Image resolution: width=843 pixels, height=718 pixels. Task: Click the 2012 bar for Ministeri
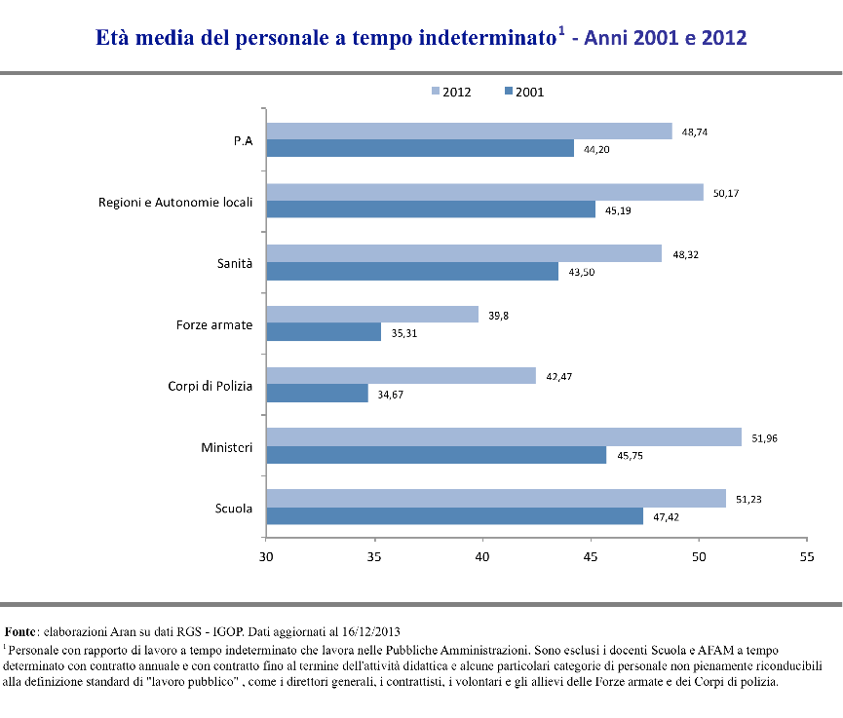[x=503, y=436]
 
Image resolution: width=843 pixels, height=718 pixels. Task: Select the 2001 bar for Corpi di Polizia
[x=318, y=393]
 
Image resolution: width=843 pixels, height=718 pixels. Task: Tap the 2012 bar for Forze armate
[x=372, y=314]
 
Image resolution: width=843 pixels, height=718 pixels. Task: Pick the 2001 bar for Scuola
[x=455, y=515]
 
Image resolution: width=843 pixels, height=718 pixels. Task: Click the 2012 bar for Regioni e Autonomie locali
[x=484, y=192]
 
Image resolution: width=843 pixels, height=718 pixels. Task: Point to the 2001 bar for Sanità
[x=412, y=272]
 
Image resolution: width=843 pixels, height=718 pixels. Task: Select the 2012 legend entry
[x=451, y=92]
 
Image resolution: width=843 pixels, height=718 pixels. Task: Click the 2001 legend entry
[x=523, y=92]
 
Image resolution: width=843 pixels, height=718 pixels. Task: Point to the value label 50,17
[x=727, y=194]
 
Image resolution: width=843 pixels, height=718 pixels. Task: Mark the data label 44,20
[x=597, y=150]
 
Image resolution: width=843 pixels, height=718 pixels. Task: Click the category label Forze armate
[x=208, y=324]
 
